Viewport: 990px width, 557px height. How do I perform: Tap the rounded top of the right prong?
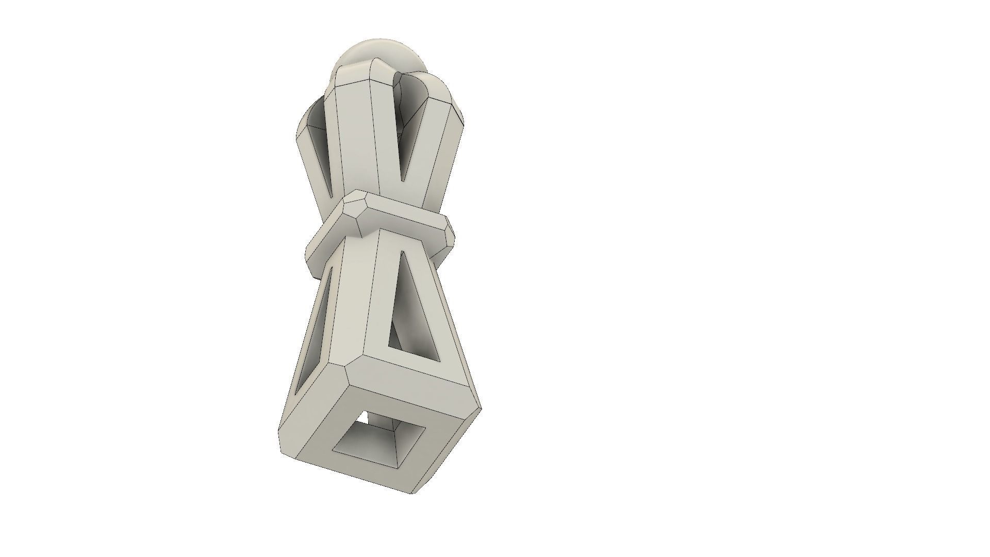pos(438,85)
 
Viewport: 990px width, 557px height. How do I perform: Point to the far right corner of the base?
pos(480,410)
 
